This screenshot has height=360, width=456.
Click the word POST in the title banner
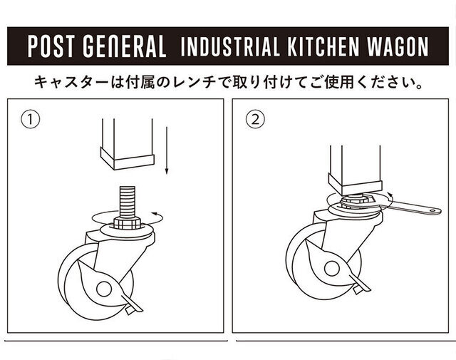[50, 46]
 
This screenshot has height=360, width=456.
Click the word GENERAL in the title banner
[125, 46]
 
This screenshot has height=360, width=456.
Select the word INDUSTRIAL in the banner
[229, 46]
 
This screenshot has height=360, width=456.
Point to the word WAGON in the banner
[398, 46]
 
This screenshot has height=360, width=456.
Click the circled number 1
[30, 119]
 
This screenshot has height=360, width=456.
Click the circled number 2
[255, 119]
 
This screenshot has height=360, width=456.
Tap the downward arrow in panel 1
[167, 150]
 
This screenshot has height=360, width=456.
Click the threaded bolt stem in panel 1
[128, 202]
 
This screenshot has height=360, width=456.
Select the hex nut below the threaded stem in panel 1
[127, 223]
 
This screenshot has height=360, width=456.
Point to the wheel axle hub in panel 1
[104, 289]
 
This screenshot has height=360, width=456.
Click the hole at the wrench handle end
[434, 210]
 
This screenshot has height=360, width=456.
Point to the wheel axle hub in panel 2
[332, 269]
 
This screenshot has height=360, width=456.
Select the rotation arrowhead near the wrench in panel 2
[390, 195]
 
